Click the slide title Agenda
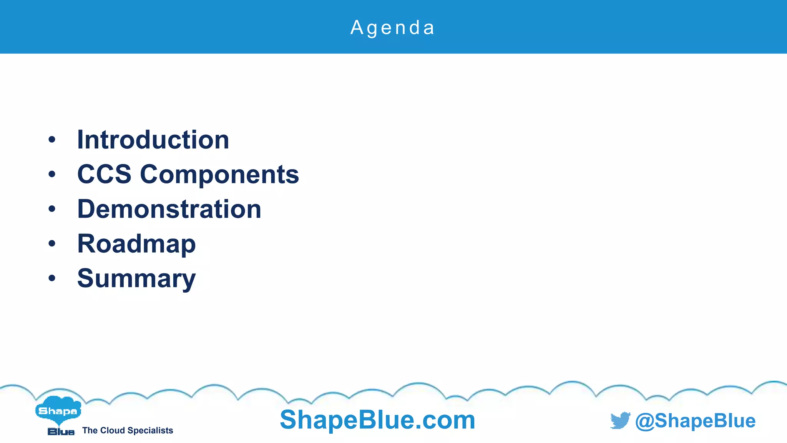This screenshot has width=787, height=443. (x=392, y=28)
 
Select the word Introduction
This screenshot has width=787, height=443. (x=153, y=140)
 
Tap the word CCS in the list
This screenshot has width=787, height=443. (x=104, y=174)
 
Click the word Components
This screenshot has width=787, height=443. (x=219, y=175)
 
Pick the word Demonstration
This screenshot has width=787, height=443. (x=169, y=209)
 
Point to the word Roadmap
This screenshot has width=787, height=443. (x=136, y=244)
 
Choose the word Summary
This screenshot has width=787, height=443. (x=136, y=278)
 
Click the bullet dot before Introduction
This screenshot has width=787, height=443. (x=52, y=140)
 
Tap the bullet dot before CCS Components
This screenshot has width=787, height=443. (x=52, y=175)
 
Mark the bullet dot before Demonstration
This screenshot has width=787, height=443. (x=52, y=209)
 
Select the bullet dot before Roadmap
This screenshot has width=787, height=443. (x=52, y=244)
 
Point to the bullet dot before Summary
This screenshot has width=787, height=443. (x=52, y=278)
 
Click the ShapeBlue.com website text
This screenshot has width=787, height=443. (x=377, y=420)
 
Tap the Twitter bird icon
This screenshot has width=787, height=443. (x=620, y=420)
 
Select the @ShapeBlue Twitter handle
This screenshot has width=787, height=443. (x=695, y=421)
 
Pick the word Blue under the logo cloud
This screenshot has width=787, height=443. (x=61, y=431)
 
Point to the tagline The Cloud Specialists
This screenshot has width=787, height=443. (x=128, y=431)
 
